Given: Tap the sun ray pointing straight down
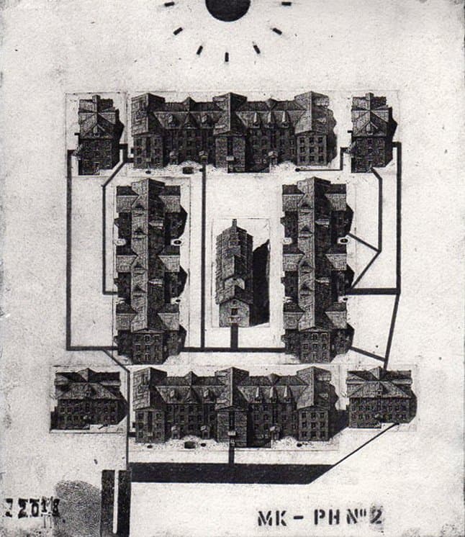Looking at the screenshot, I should point(227,56).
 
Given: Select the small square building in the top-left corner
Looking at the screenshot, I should point(99,135).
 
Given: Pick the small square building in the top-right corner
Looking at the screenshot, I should point(372,132).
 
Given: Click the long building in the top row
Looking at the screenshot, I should point(233,132).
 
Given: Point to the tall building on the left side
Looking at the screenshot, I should point(150,270).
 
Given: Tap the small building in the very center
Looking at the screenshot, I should point(235,274).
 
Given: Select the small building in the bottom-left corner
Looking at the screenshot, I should point(89,400).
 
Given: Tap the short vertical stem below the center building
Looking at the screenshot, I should point(234,336).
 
